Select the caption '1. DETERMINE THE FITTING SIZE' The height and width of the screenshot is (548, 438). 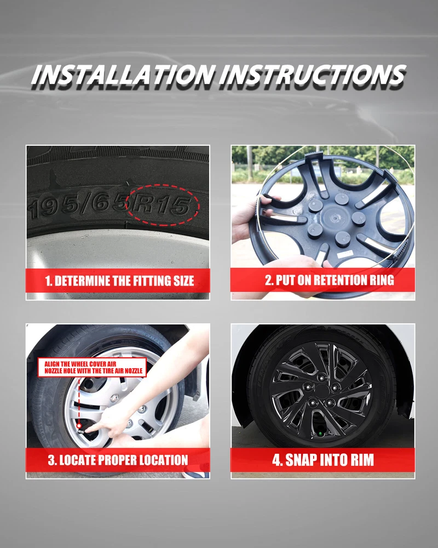point(119,281)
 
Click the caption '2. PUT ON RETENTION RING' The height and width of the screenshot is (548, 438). point(330,280)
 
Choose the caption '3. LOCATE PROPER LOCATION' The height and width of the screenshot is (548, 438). point(118,460)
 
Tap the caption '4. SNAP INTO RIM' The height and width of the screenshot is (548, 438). point(323,460)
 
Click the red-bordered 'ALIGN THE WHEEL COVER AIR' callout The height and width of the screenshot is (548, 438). point(92,367)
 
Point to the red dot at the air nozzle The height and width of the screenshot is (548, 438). point(79,426)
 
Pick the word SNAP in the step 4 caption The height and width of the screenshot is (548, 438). point(301,460)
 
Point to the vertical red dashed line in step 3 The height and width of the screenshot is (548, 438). point(79,400)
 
